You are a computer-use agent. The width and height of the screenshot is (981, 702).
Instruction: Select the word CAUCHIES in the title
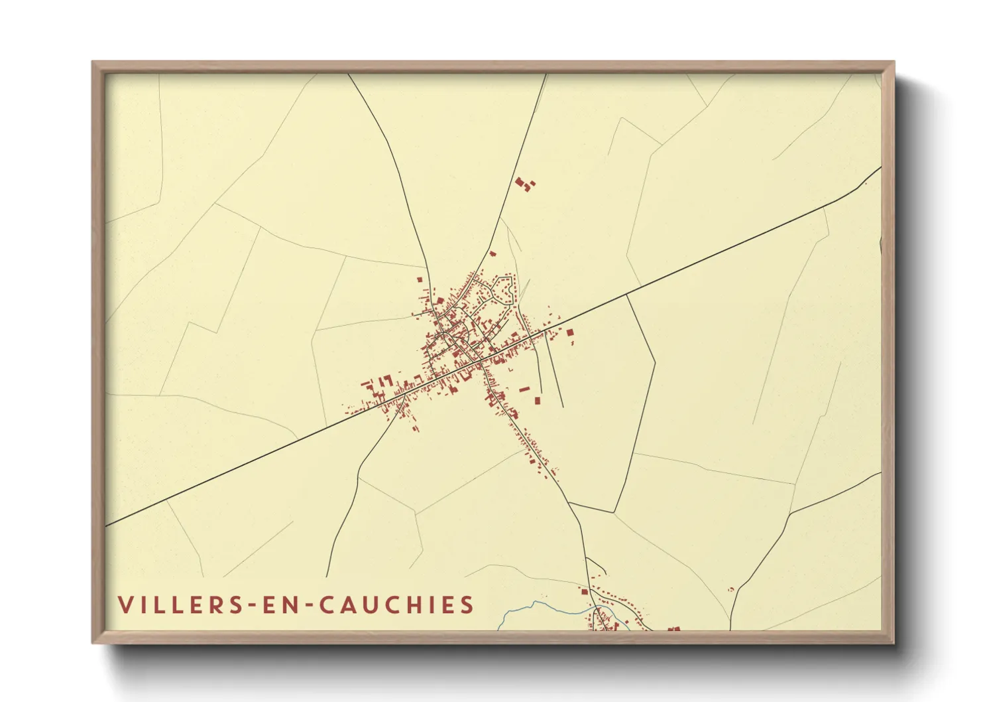[397, 605]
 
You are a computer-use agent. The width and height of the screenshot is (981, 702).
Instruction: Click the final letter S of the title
[467, 605]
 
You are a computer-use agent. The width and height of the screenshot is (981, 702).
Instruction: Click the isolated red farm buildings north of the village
[524, 184]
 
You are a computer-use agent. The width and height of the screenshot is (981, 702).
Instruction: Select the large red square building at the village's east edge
[569, 332]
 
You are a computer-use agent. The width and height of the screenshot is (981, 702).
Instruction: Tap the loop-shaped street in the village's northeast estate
[504, 290]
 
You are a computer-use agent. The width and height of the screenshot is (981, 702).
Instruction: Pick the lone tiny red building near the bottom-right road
[731, 589]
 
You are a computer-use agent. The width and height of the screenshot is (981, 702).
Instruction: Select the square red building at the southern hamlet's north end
[585, 591]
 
